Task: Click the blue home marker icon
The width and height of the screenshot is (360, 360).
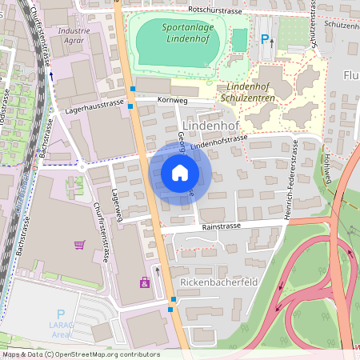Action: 180,173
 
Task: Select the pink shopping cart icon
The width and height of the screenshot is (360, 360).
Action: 78,245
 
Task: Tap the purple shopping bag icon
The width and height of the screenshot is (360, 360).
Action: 144,282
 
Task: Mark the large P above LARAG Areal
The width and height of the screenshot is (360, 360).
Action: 60,315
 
